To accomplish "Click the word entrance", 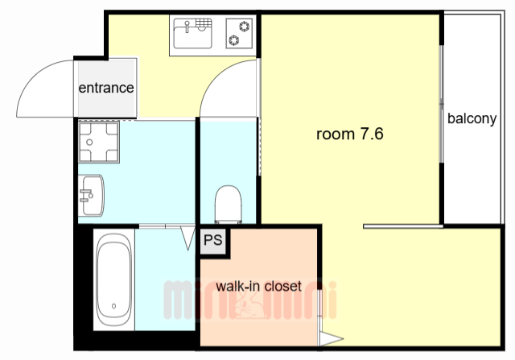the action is [x=106, y=88].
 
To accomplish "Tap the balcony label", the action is [x=472, y=118].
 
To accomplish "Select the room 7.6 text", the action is [x=350, y=134].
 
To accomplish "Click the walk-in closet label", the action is [x=258, y=286].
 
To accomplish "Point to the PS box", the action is [x=213, y=241].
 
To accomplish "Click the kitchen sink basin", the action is [x=192, y=34].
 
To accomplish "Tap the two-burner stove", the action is [x=239, y=33].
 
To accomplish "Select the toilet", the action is [x=229, y=205].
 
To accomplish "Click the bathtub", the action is [x=114, y=279].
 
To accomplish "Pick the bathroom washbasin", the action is [x=91, y=195].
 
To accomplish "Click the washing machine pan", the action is [x=99, y=142].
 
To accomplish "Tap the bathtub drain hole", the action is [x=113, y=306].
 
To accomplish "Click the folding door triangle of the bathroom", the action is [x=188, y=238].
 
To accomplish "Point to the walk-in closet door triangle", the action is [x=331, y=339].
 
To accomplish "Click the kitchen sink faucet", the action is [x=187, y=27].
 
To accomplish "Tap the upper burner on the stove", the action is [x=244, y=26].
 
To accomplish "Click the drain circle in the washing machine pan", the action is [x=89, y=143].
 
